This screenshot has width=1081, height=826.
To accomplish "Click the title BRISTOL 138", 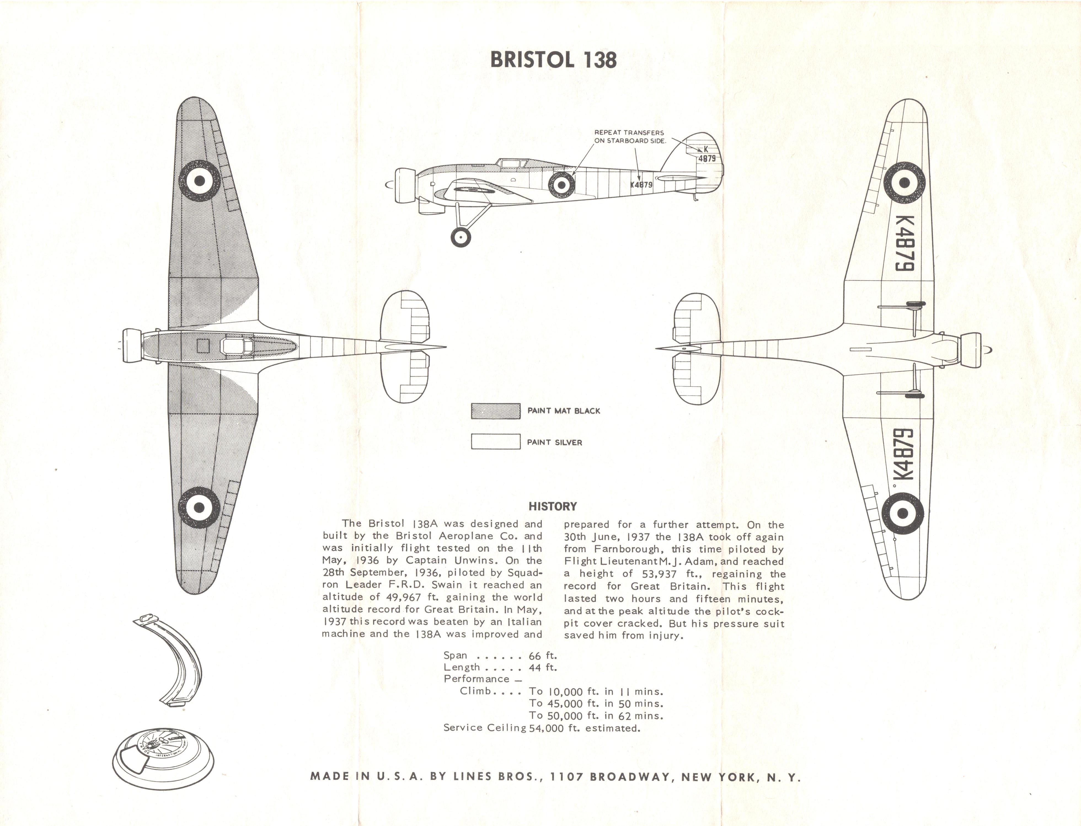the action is click(x=553, y=60).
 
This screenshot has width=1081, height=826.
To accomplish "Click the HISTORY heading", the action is click(x=553, y=507).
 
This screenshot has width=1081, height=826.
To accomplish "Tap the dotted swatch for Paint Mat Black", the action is click(x=496, y=411).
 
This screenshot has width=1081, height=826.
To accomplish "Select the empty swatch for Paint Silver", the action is click(x=496, y=441).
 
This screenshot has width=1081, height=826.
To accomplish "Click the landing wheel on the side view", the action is click(x=461, y=238).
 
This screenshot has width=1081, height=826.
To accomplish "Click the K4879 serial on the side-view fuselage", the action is click(x=641, y=185).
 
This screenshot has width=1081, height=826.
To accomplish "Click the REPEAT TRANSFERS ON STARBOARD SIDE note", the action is click(x=630, y=137).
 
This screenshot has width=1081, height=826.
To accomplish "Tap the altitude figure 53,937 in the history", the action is click(x=659, y=574).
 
